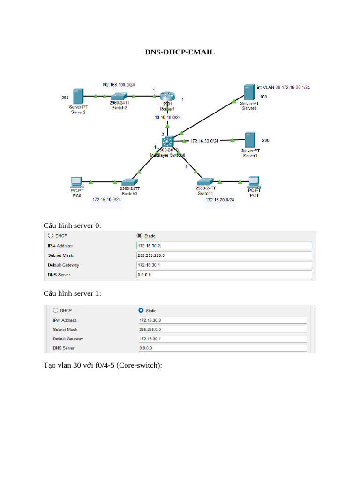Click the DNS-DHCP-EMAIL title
coord(180,52)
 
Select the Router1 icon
coord(166,97)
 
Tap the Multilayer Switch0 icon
coord(167,141)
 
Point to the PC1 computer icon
coord(254,181)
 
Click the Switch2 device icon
coord(119,96)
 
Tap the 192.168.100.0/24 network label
coord(119,85)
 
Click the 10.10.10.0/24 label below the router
coord(168,117)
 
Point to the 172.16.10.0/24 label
coord(107,200)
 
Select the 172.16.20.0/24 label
coord(220,200)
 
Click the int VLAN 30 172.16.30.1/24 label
coord(283,87)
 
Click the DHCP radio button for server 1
coord(56,310)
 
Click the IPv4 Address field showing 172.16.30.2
coord(224,246)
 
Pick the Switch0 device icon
coord(128,182)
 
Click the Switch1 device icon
coord(204,181)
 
